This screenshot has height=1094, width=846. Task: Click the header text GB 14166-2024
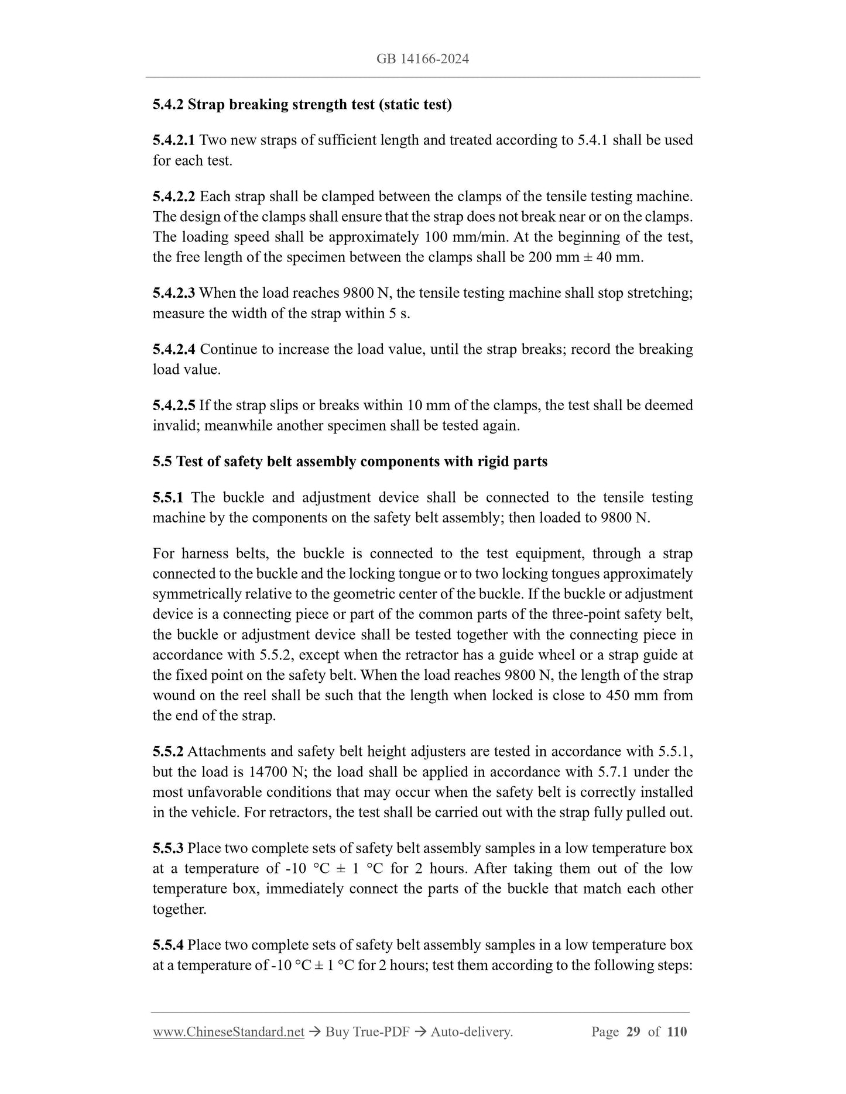tap(423, 59)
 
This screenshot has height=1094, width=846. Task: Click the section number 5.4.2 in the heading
tap(168, 105)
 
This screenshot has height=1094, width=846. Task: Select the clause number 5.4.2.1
tap(174, 140)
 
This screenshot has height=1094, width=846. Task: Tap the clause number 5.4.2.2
tap(174, 197)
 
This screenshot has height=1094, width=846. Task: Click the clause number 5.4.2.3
tap(174, 293)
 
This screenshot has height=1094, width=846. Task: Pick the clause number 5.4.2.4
tap(174, 349)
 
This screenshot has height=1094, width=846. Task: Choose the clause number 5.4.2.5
tap(174, 405)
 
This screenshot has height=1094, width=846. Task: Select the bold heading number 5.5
tap(162, 462)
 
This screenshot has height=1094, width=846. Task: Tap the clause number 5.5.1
tap(168, 498)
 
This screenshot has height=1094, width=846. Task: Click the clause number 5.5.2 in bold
tap(168, 752)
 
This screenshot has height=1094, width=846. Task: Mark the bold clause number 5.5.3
tap(168, 848)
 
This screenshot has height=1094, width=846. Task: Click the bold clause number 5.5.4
tap(168, 945)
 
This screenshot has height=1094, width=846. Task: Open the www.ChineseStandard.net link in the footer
tap(228, 1033)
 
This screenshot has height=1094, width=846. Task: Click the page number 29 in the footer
tap(633, 1032)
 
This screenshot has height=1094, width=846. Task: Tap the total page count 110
tap(676, 1032)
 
